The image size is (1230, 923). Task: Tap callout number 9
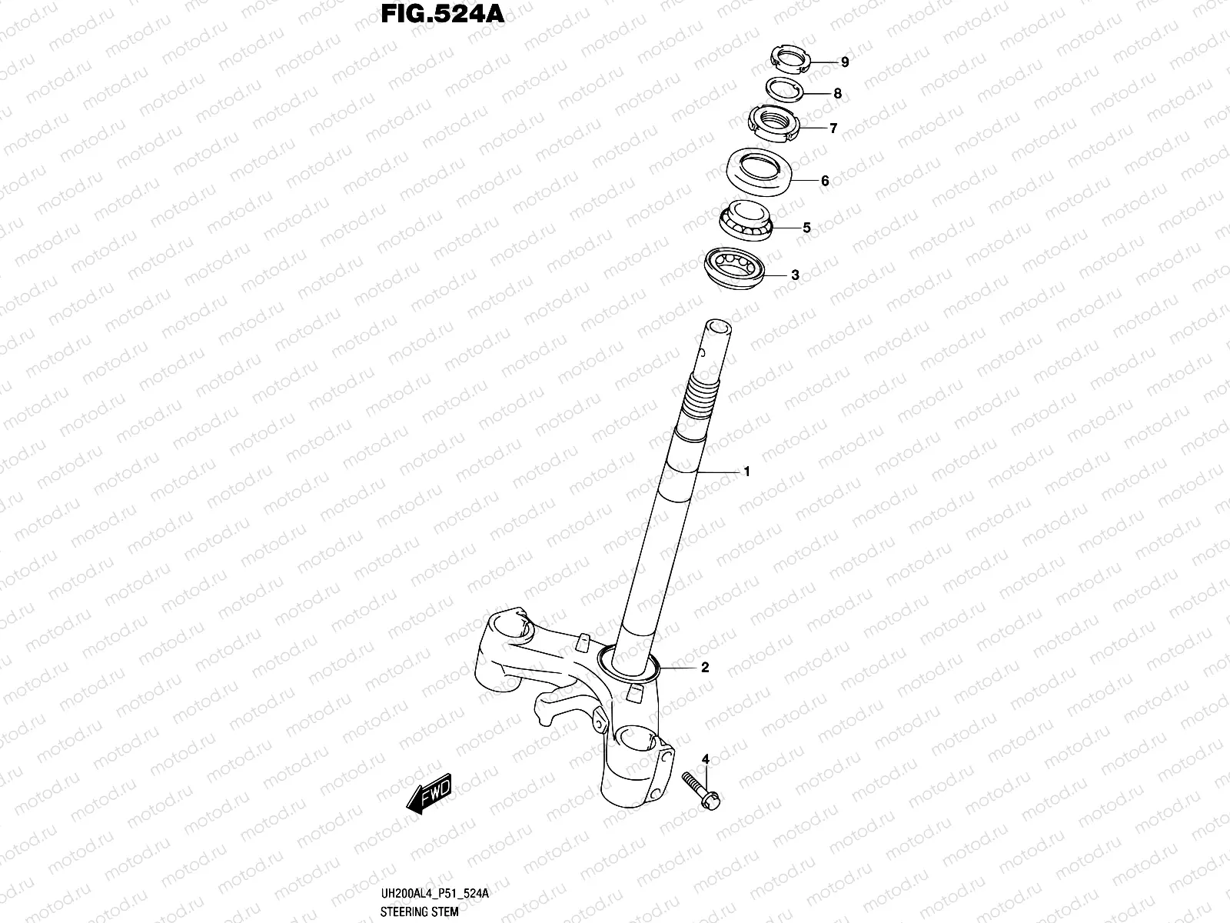844,62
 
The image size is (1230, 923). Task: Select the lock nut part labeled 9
790,58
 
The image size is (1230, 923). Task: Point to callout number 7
833,128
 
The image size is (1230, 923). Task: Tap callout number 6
825,181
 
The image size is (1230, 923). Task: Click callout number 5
806,228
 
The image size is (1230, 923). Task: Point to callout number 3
795,275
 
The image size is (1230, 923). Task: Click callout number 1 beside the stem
746,472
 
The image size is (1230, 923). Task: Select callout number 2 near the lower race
705,668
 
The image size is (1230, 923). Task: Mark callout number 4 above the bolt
705,760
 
